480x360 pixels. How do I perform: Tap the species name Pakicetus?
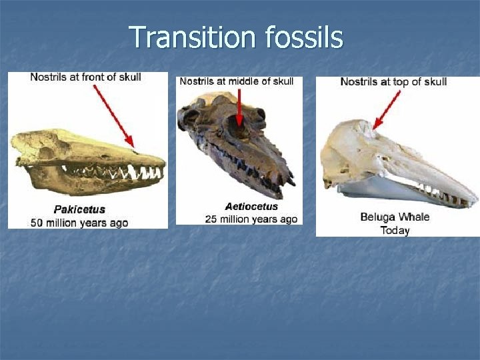coord(79,210)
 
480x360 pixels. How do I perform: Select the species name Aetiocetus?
coord(251,207)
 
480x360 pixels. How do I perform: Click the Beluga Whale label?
coord(395,217)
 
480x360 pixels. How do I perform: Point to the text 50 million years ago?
coord(79,222)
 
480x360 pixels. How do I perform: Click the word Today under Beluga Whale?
coord(395,230)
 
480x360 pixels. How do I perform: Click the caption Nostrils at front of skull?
coord(85,77)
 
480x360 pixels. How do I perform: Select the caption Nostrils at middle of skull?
coord(237,81)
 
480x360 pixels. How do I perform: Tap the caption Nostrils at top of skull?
coord(393,82)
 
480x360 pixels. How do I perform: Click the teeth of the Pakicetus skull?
coord(133,173)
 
